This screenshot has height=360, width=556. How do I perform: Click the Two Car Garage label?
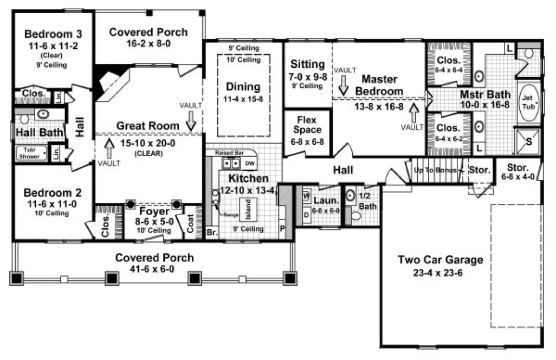(440, 260)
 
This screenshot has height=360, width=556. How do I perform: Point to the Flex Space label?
(307, 125)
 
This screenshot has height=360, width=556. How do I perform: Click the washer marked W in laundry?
(306, 196)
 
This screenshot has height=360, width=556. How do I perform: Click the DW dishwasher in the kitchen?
(249, 163)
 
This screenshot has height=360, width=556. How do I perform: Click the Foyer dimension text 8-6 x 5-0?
(154, 221)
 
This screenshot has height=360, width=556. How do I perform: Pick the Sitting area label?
(307, 65)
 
